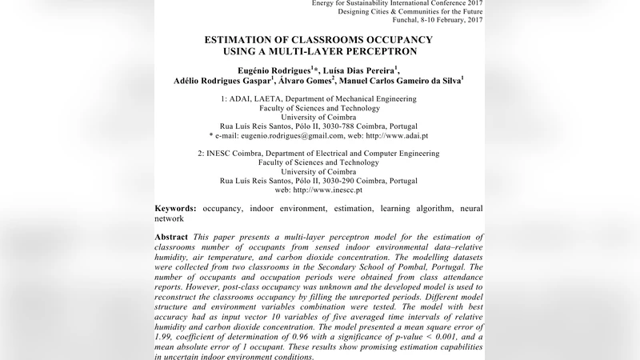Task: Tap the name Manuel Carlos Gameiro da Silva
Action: tap(401, 81)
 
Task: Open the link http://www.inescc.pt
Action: tap(328, 190)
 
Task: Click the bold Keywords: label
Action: tap(175, 208)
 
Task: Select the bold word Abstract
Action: tap(171, 237)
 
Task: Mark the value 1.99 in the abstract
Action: tap(165, 338)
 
